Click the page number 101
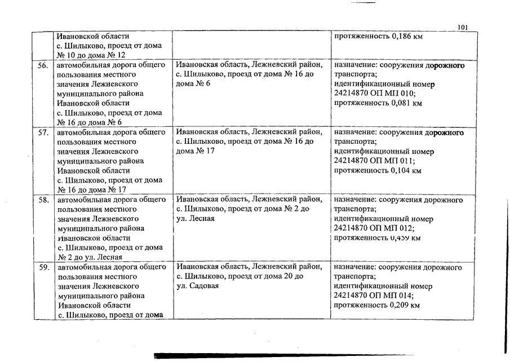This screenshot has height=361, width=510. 463,27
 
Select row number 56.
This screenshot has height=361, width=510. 42,65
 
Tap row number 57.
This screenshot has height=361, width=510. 42,133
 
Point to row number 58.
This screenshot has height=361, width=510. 42,200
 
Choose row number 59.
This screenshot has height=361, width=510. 42,267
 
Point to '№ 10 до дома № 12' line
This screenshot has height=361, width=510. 91,55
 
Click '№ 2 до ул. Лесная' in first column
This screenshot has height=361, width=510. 90,257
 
